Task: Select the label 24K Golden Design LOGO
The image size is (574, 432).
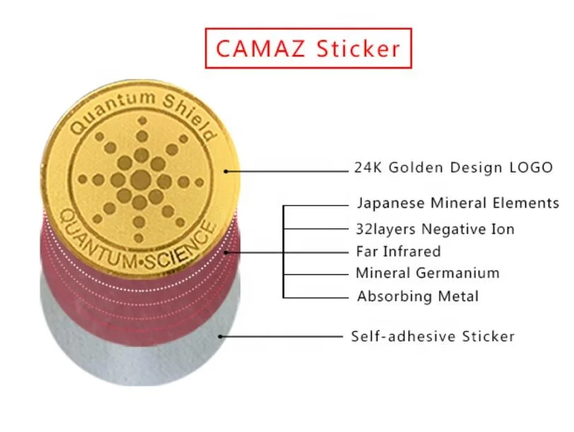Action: pyautogui.click(x=453, y=168)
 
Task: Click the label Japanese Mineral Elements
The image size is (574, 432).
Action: pyautogui.click(x=457, y=204)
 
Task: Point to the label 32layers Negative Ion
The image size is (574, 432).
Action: pyautogui.click(x=435, y=229)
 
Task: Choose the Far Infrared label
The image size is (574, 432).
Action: pyautogui.click(x=398, y=251)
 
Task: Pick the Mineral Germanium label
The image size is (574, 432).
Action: pyautogui.click(x=427, y=273)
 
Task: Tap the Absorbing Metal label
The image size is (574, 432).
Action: pyautogui.click(x=417, y=296)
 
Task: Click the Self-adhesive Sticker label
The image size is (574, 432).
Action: pyautogui.click(x=433, y=336)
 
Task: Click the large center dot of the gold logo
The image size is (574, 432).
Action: pyautogui.click(x=140, y=178)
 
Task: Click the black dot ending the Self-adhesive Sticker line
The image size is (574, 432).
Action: pyautogui.click(x=221, y=337)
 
